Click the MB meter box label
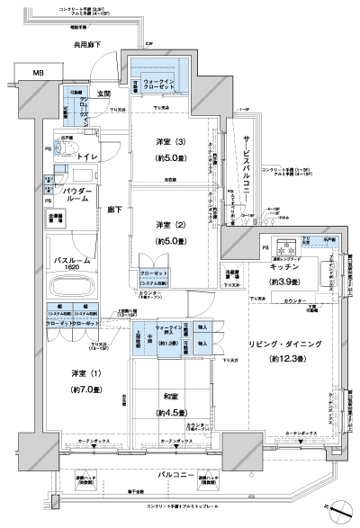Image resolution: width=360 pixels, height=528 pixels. [x=37, y=73]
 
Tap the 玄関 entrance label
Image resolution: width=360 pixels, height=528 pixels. [x=104, y=93]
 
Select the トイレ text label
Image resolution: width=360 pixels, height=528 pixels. [x=88, y=157]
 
